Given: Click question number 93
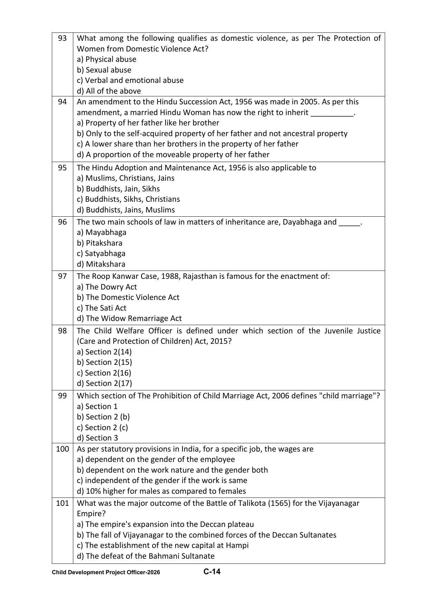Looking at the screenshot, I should pyautogui.click(x=62, y=38).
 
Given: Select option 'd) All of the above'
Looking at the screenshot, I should pyautogui.click(x=109, y=91).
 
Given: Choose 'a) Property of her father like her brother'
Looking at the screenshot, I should pyautogui.click(x=148, y=123).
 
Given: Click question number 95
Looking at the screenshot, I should pyautogui.click(x=62, y=168).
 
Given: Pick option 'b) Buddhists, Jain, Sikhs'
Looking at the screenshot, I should pyautogui.click(x=118, y=189).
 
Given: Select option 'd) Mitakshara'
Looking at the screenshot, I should pyautogui.click(x=101, y=264).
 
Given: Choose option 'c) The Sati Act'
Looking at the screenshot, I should pyautogui.click(x=102, y=308).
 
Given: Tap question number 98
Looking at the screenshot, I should pyautogui.click(x=62, y=331).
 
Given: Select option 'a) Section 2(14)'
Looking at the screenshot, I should pyautogui.click(x=104, y=352).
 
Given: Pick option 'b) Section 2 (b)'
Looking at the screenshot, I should pyautogui.click(x=103, y=417).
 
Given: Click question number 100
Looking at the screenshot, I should pyautogui.click(x=62, y=449).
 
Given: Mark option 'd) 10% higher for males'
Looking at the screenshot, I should pyautogui.click(x=161, y=491).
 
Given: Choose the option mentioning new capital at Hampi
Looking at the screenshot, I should pyautogui.click(x=162, y=545).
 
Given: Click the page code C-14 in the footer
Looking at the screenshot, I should pyautogui.click(x=212, y=571).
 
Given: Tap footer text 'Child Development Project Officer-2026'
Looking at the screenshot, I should pyautogui.click(x=106, y=572).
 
